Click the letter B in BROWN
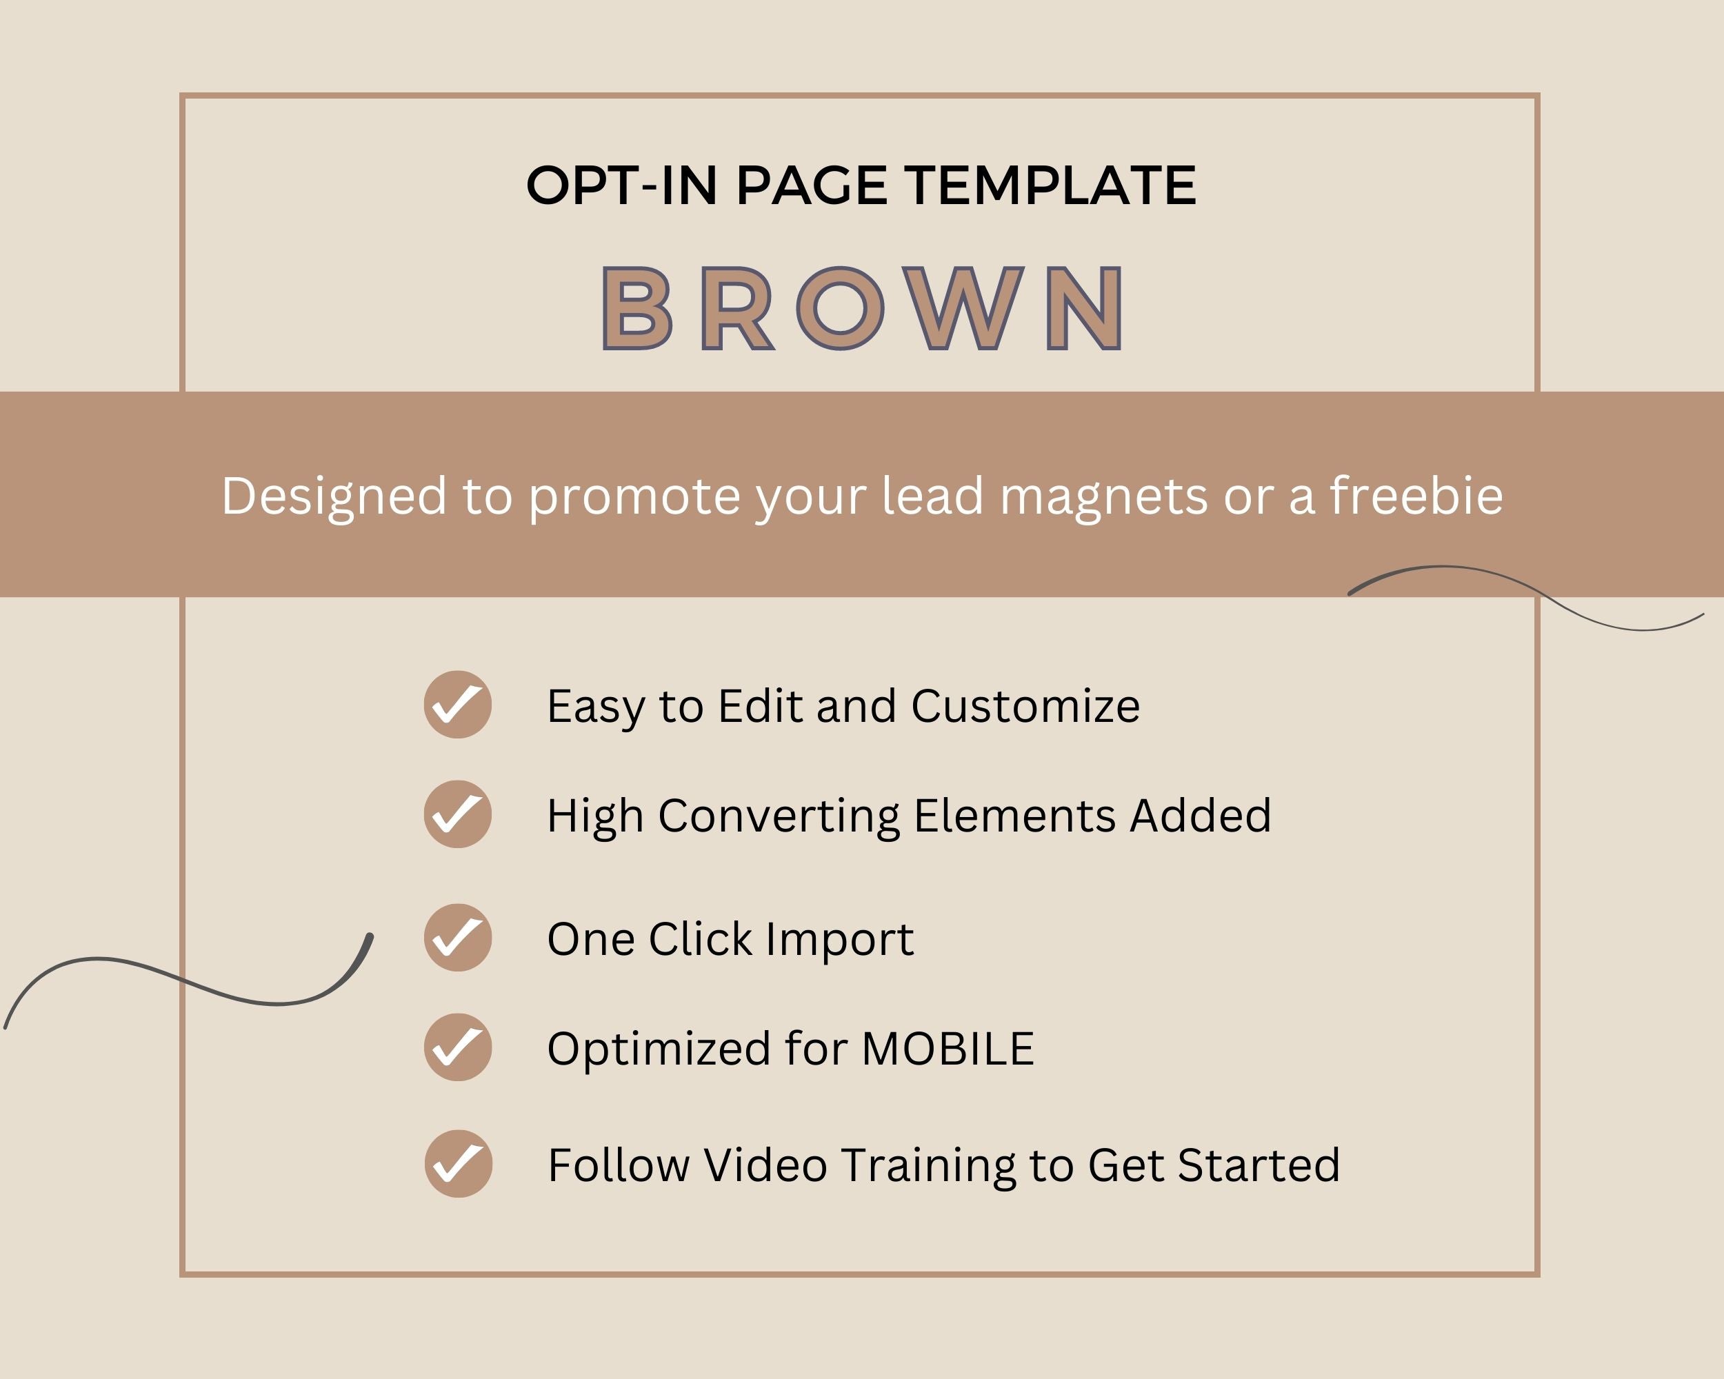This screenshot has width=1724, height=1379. (637, 309)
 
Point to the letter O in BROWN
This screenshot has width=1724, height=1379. (841, 309)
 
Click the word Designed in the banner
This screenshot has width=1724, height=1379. (334, 496)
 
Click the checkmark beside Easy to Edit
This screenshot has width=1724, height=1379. (457, 704)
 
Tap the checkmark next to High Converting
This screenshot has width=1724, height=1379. (457, 814)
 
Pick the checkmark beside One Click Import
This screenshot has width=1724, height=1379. (457, 938)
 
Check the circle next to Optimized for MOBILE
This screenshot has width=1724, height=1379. (457, 1047)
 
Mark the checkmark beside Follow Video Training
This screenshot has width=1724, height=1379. (458, 1163)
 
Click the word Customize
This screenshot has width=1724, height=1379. (1026, 706)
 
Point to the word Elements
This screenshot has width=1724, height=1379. (1014, 816)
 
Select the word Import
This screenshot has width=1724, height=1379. (840, 940)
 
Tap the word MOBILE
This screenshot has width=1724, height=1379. (948, 1048)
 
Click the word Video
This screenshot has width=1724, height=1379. (765, 1165)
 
